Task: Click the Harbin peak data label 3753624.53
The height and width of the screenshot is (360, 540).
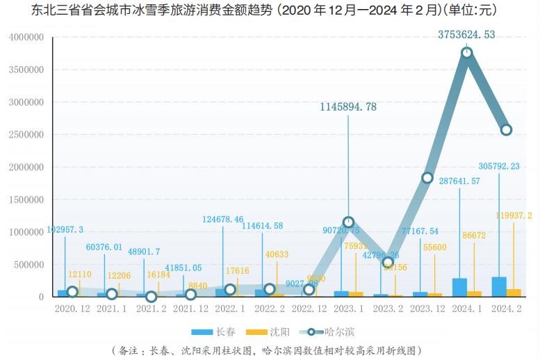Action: [466, 34]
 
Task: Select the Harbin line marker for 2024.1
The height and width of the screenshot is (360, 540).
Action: [467, 53]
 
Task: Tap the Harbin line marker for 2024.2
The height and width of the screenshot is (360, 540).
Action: [506, 130]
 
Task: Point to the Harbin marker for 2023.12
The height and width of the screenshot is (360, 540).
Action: [427, 178]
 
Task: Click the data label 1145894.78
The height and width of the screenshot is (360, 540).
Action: [348, 107]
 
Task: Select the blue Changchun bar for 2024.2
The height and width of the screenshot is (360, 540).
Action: [499, 287]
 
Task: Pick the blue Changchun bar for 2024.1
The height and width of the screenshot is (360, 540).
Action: [459, 288]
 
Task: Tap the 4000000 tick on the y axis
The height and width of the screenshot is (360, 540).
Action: [26, 38]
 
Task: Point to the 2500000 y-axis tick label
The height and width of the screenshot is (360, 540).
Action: [26, 135]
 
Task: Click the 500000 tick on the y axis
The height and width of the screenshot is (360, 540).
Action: [28, 265]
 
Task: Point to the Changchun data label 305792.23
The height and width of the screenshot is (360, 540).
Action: [509, 166]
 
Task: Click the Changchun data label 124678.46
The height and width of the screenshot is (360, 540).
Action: [223, 220]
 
